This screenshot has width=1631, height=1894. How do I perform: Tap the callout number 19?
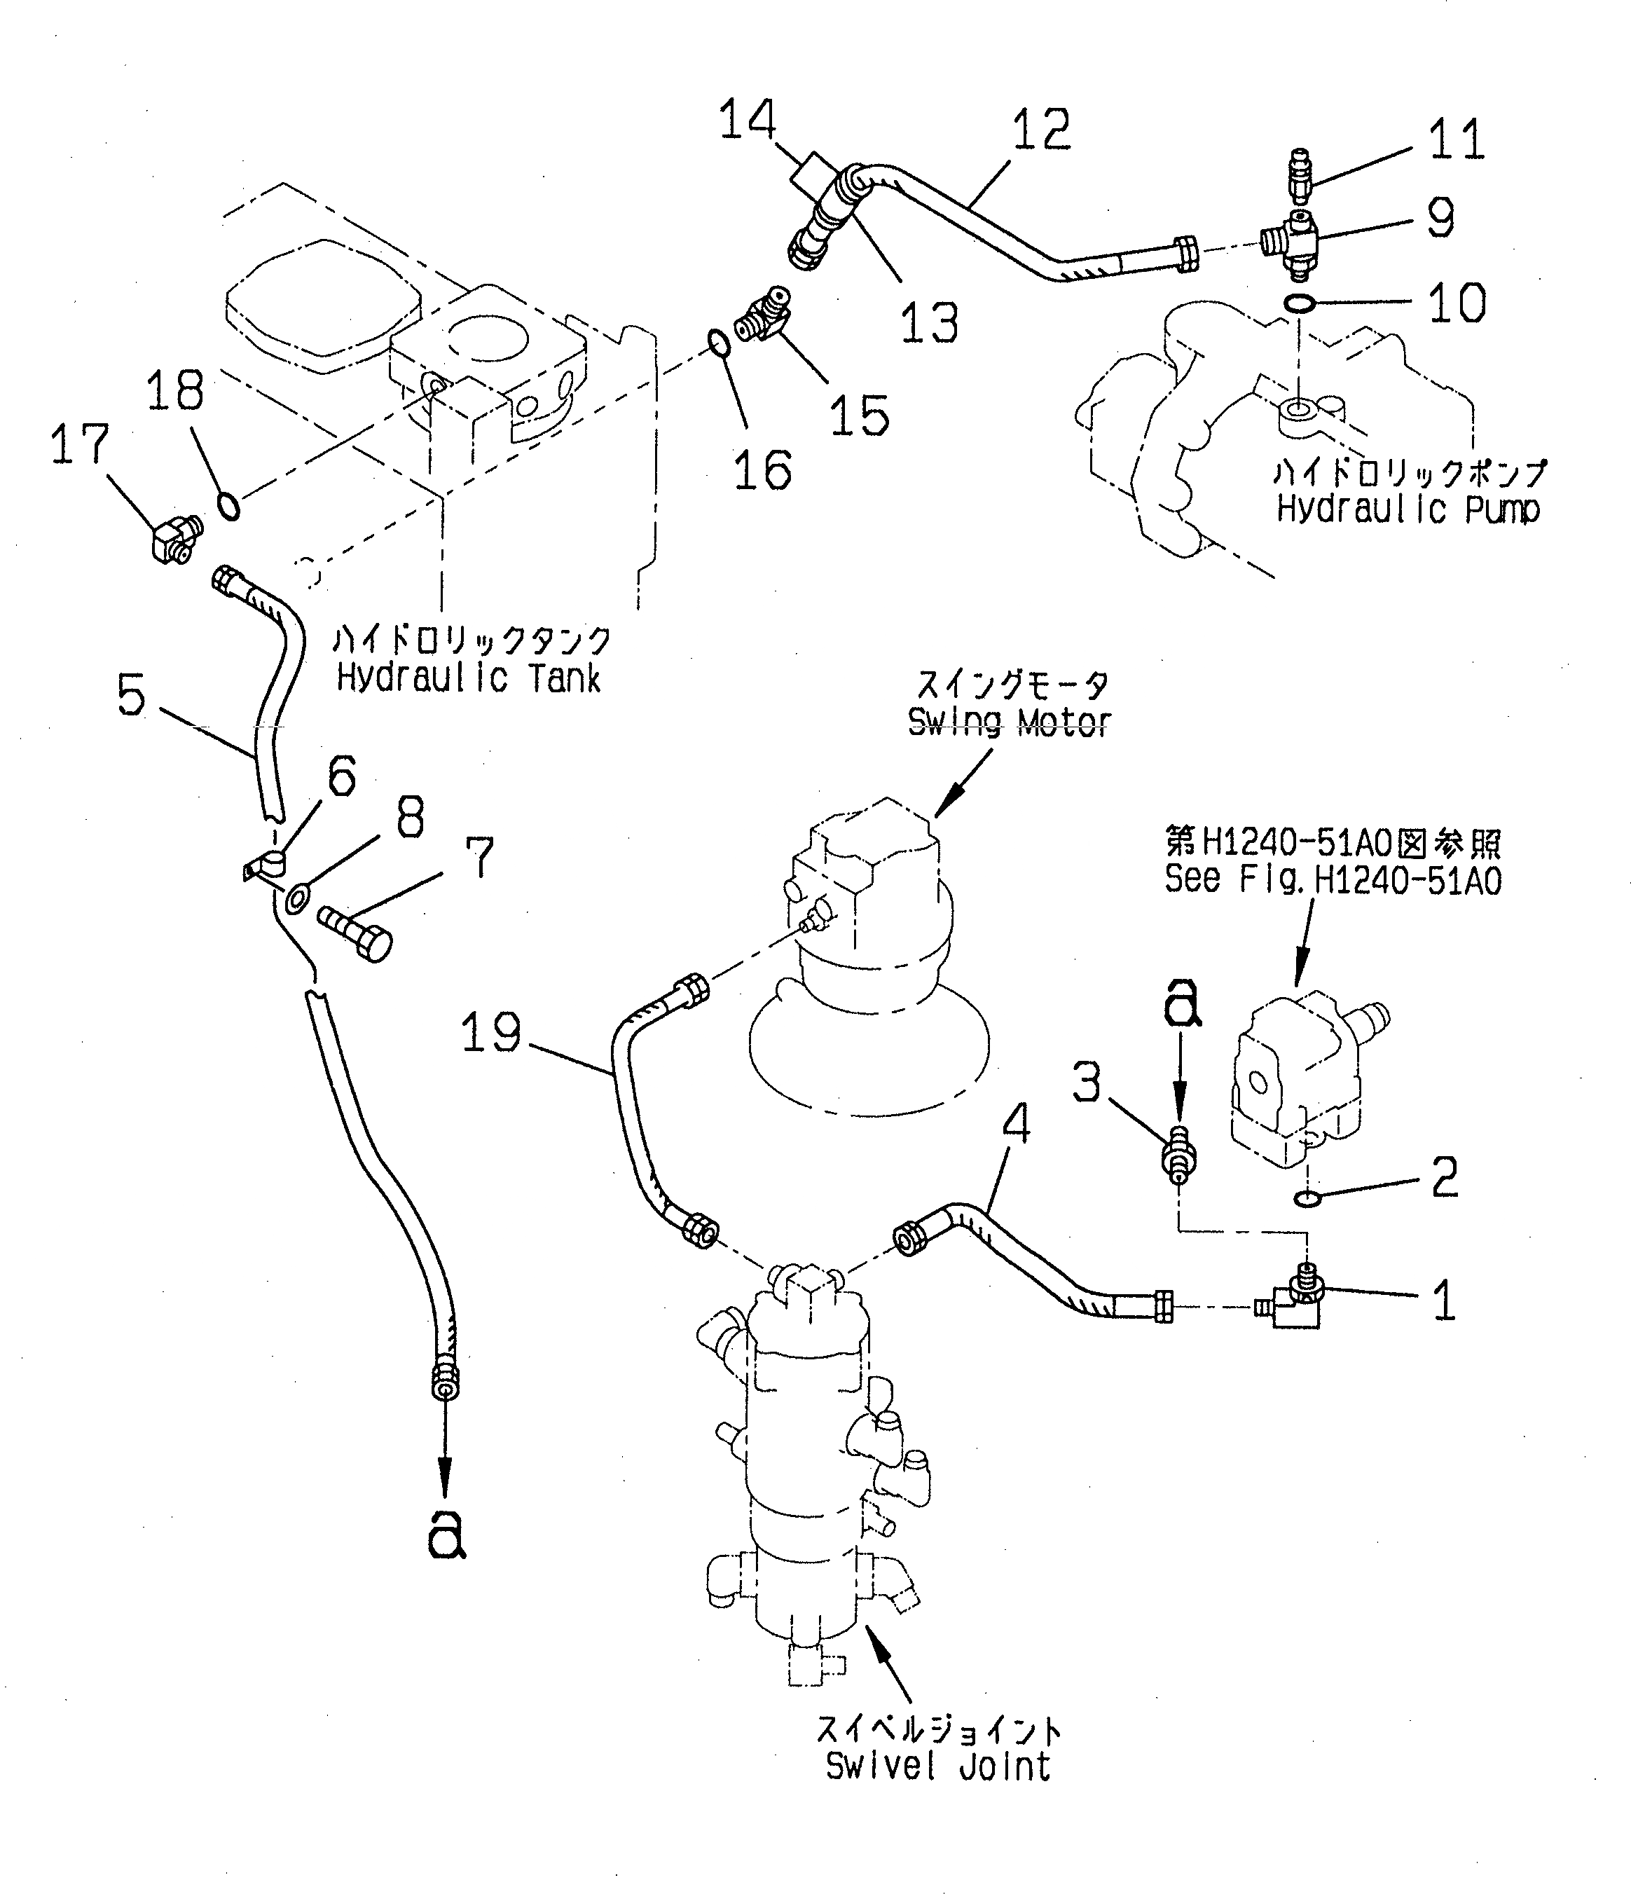tap(490, 1034)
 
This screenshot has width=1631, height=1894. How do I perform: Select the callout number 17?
tap(79, 445)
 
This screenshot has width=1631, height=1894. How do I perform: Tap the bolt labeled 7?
tap(355, 933)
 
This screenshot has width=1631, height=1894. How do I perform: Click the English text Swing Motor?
tap(1008, 723)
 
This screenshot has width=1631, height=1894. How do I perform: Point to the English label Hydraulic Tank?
tap(468, 678)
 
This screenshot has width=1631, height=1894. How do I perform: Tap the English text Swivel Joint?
tap(937, 1766)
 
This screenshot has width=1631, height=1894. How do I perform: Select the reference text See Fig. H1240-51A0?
tap(1333, 880)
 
